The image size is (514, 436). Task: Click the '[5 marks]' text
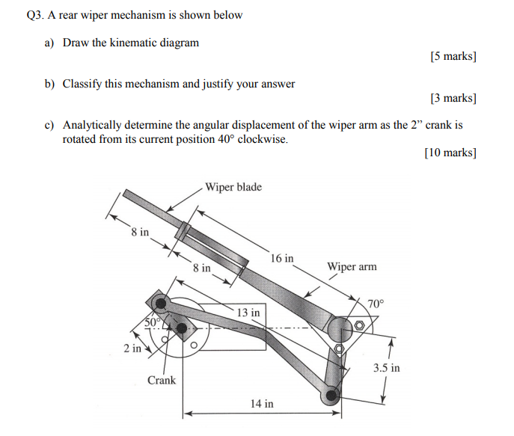453,57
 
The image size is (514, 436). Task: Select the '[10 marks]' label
450,153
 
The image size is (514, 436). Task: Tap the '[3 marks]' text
453,98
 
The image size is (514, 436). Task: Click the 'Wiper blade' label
233,187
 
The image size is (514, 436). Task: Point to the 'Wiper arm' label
352,267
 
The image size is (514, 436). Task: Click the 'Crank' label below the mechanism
162,380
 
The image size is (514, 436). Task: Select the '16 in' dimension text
282,258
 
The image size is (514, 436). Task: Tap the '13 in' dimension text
248,312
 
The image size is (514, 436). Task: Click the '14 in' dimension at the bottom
262,404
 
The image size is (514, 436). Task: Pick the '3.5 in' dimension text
386,368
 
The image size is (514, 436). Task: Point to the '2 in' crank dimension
132,348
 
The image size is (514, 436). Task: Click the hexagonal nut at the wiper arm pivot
360,326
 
